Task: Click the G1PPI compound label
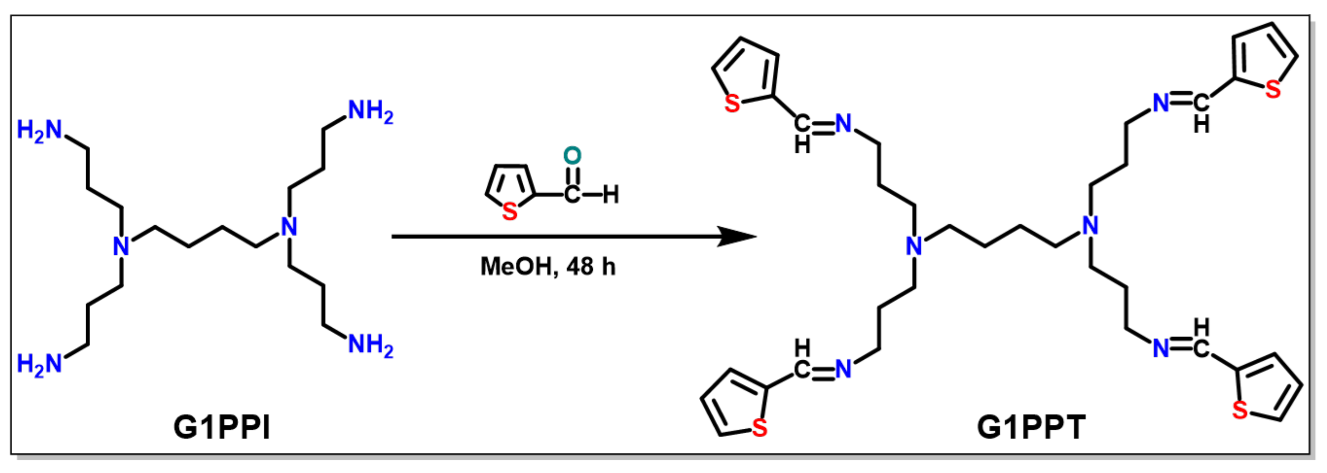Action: point(222,427)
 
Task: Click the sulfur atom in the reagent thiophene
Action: point(510,212)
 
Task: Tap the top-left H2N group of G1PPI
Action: point(39,130)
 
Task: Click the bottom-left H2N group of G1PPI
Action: point(39,364)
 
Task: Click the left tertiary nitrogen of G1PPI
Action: point(121,246)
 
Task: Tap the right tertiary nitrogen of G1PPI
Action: point(289,226)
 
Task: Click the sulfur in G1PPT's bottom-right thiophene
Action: point(1240,410)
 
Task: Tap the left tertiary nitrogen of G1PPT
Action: point(914,246)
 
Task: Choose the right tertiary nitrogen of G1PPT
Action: point(1090,226)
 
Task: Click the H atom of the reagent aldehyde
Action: point(611,195)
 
